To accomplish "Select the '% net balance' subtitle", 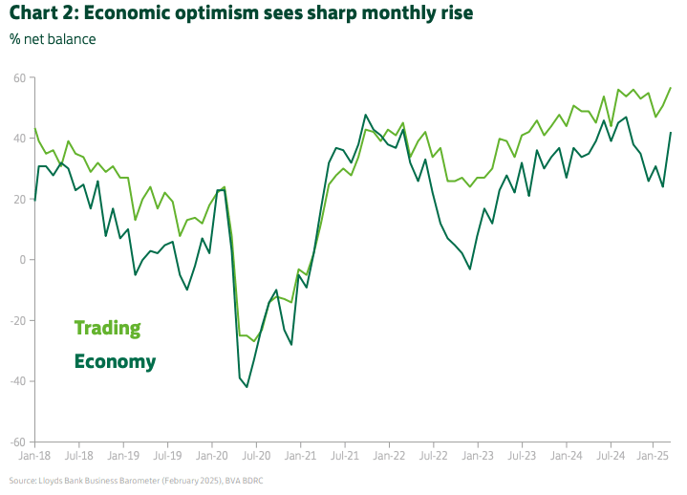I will coord(53,39).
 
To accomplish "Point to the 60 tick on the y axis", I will coord(19,77).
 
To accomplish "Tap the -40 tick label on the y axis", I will coord(17,381).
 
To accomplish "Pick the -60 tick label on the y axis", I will coord(17,442).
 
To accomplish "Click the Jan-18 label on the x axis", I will coord(35,458).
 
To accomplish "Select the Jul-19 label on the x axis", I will coord(167,458).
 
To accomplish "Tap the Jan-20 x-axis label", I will coord(212,458).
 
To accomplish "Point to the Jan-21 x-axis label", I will coord(300,458).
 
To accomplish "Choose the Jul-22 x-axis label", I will coord(434,458).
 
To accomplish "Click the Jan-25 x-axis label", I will coord(654,458).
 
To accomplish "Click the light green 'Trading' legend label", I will coord(108,328).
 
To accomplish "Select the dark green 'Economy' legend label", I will coord(115,361).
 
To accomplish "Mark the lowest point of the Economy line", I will coord(247,387).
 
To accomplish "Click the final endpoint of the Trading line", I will coord(671,88).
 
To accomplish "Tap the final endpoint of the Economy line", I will coord(671,133).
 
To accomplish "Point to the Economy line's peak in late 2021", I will coord(366,115).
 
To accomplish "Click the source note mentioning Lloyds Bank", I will coord(137,480).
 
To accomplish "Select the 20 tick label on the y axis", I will coord(19,199).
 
